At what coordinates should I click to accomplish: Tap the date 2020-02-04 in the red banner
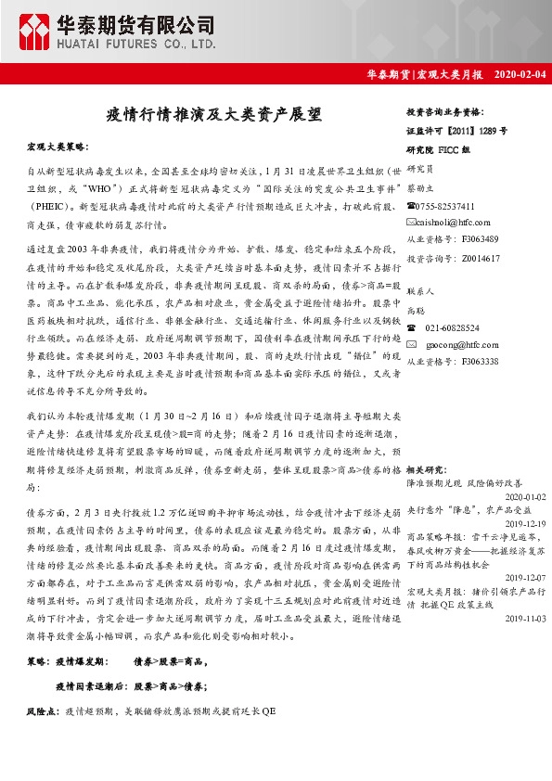click(x=520, y=74)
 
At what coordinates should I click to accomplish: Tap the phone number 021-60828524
click(x=452, y=328)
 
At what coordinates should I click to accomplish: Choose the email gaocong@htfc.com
click(x=452, y=345)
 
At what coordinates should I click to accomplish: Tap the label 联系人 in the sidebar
click(x=421, y=291)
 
